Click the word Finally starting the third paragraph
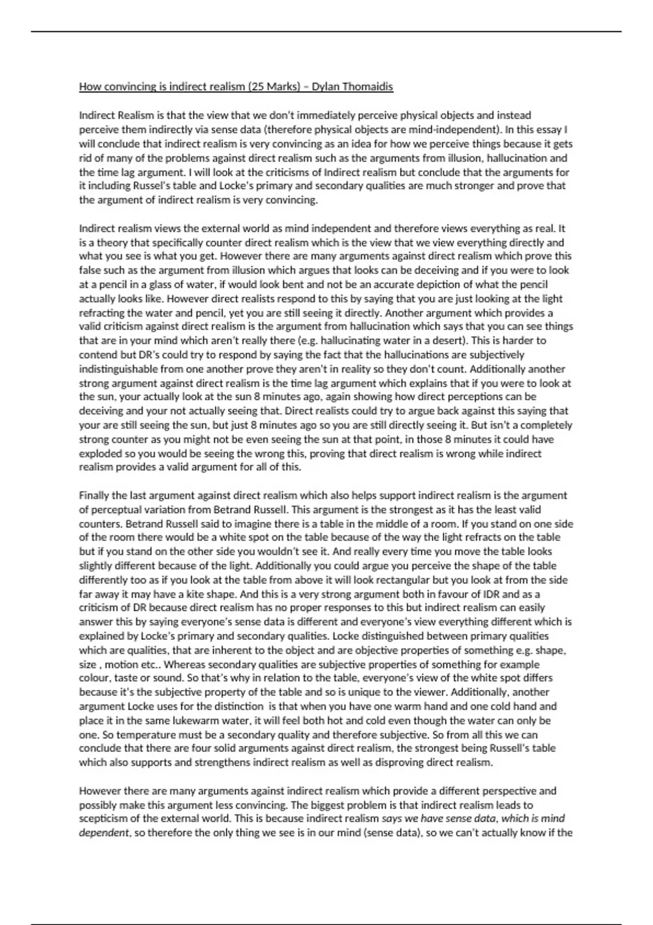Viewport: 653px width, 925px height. click(x=94, y=496)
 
